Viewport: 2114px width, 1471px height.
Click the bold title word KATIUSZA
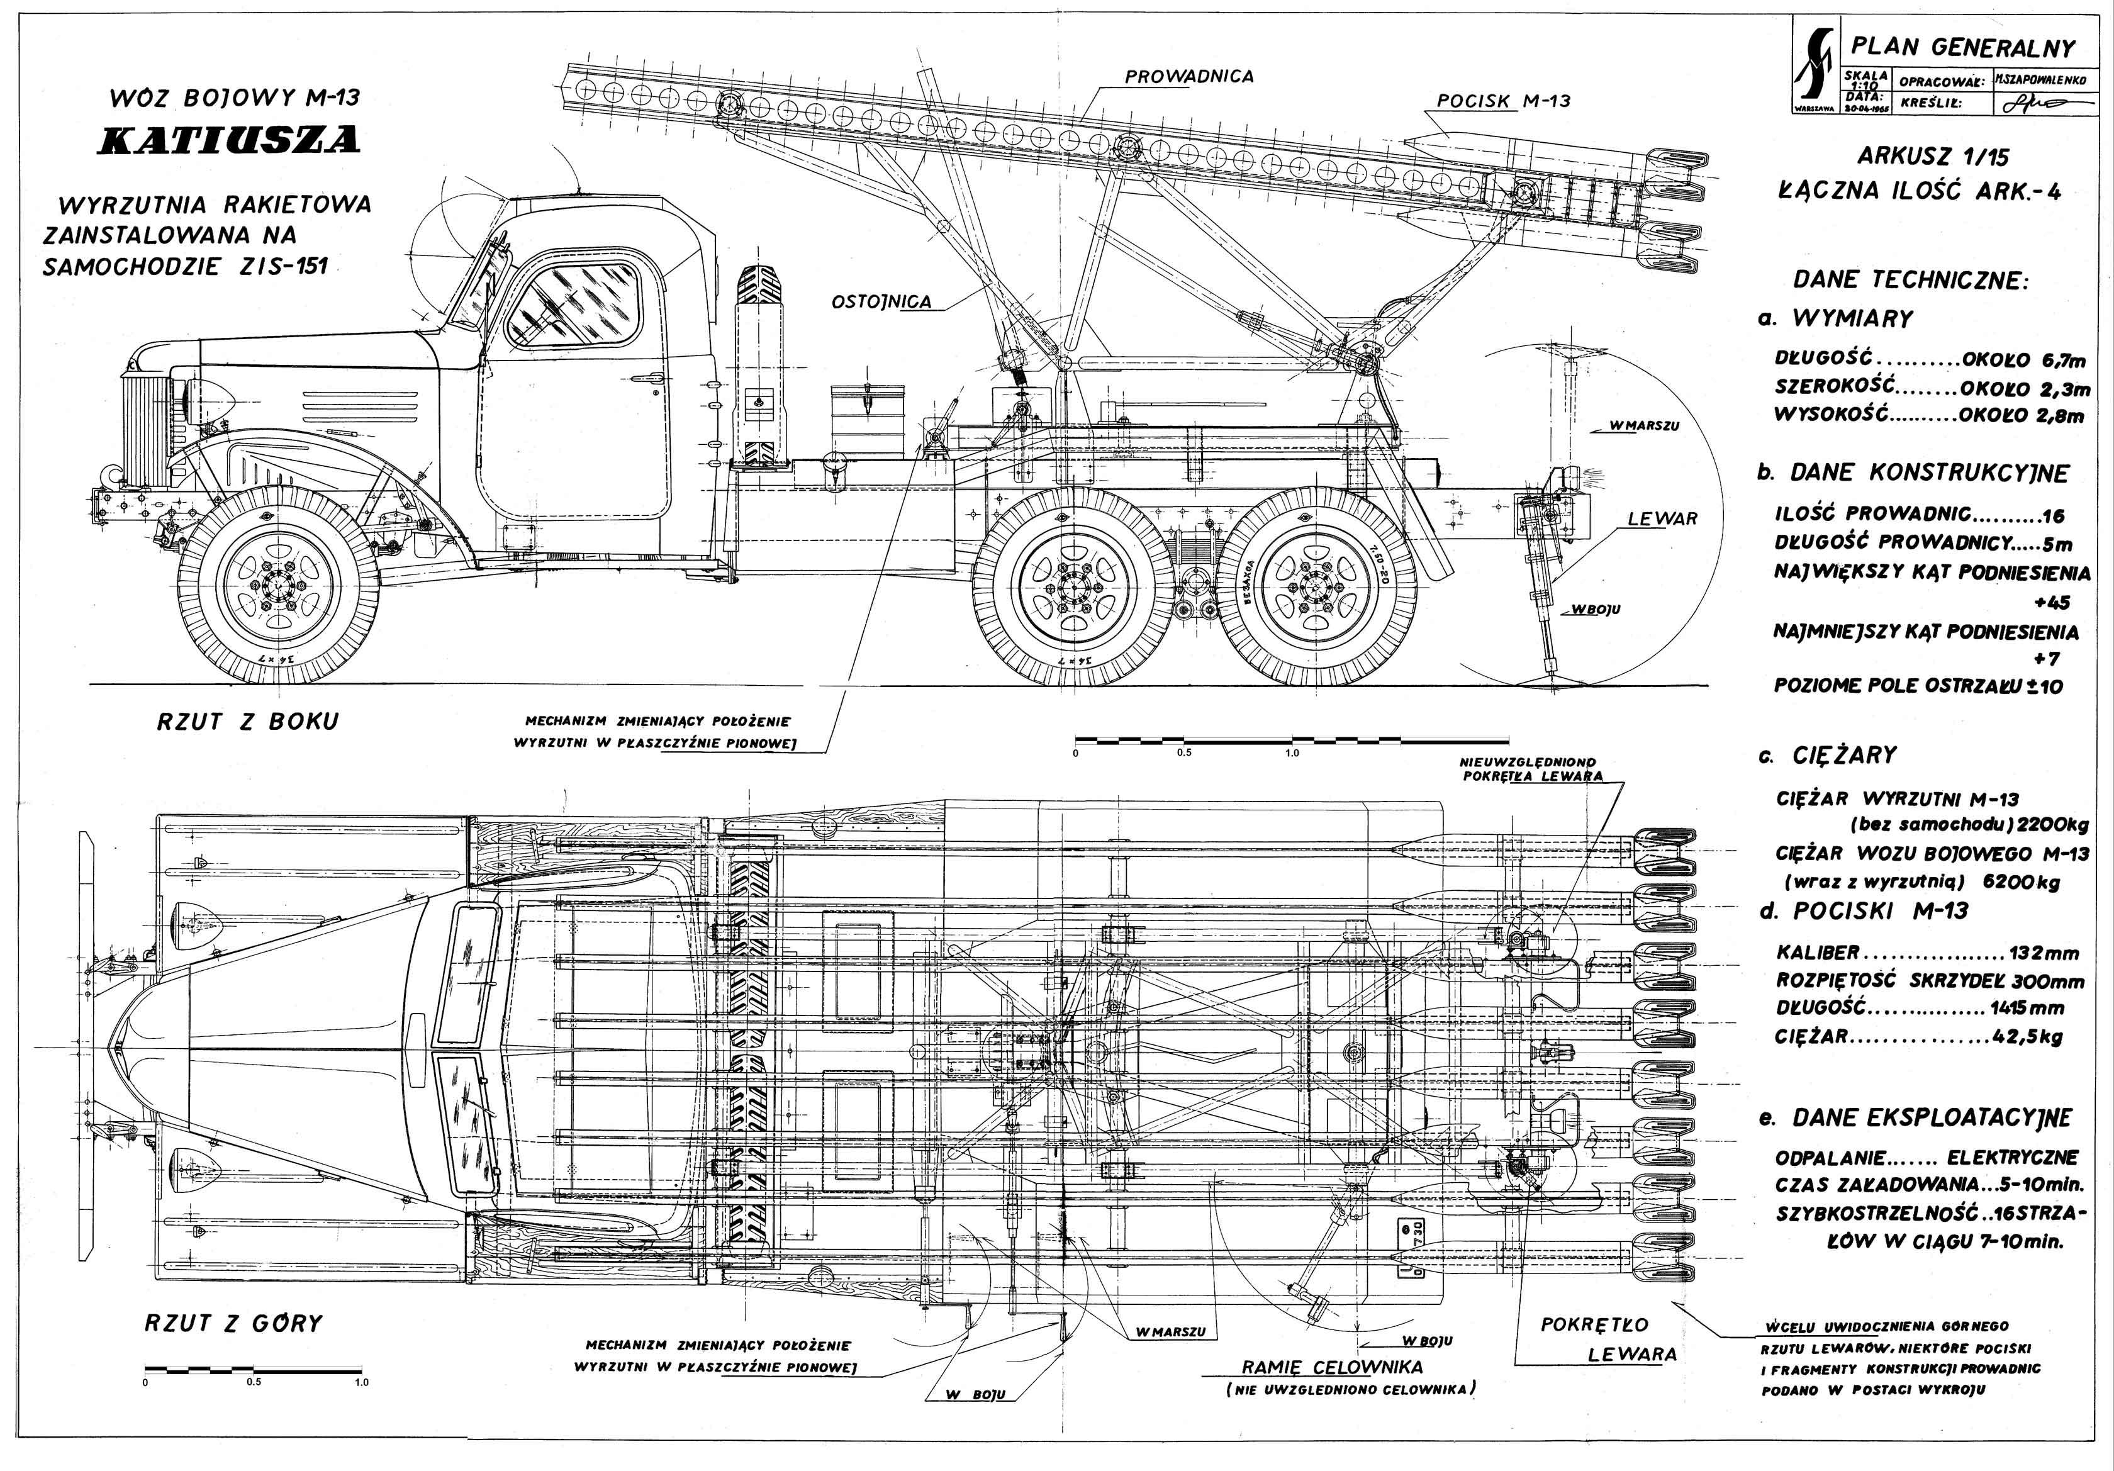(x=228, y=140)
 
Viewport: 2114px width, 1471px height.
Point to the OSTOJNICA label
(x=881, y=302)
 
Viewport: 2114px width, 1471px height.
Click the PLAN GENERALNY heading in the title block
(x=1962, y=47)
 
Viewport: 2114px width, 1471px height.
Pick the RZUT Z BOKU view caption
(x=248, y=722)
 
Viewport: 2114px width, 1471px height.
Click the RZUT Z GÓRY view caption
(x=234, y=1324)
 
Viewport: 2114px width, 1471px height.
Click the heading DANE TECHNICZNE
(x=1911, y=280)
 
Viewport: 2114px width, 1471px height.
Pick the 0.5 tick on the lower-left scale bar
(x=254, y=1382)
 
